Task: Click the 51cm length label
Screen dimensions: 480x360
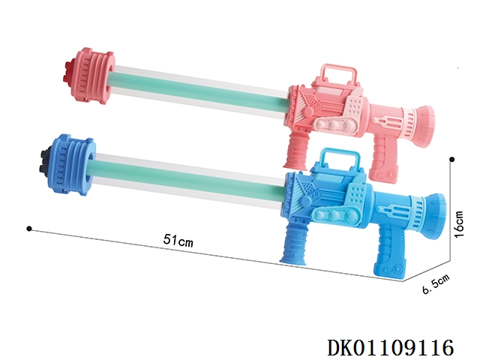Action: click(x=178, y=240)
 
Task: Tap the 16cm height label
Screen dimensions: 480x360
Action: click(x=460, y=224)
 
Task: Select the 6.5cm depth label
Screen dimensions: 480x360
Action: click(x=436, y=283)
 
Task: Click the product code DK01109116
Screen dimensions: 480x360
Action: click(x=390, y=348)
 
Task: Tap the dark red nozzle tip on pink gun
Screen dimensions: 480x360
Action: click(x=68, y=72)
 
